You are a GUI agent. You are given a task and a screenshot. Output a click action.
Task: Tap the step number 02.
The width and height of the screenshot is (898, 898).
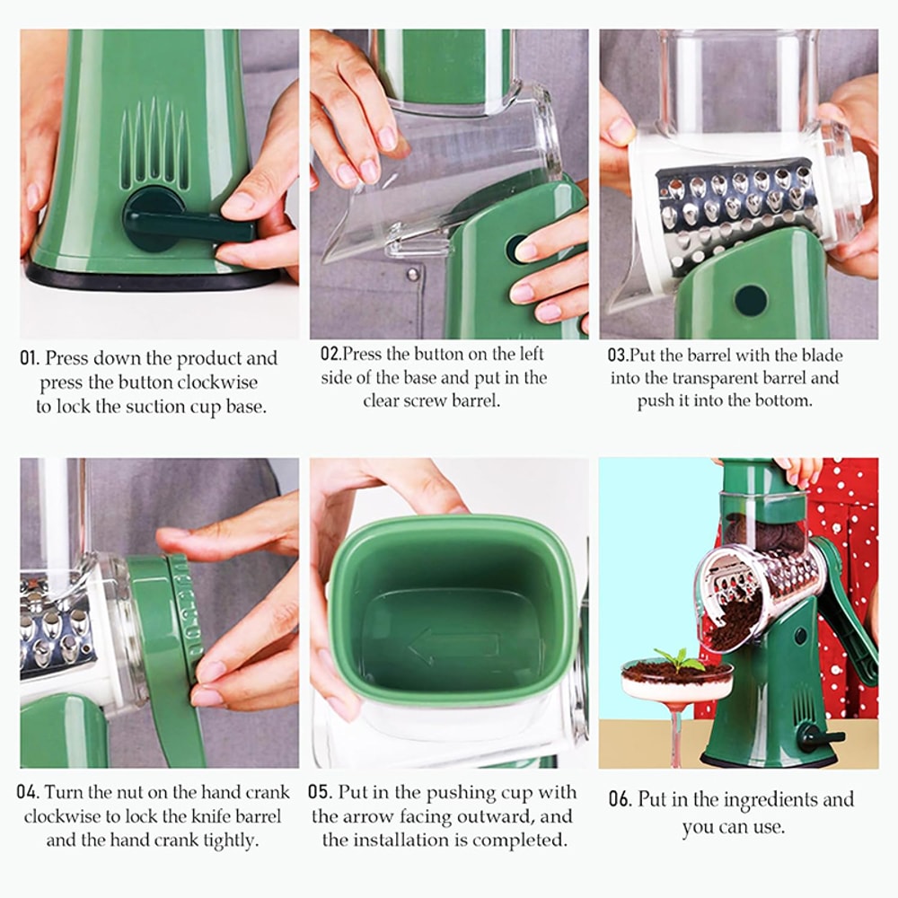pos(330,354)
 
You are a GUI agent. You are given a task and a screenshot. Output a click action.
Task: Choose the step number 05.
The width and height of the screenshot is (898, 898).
pos(320,793)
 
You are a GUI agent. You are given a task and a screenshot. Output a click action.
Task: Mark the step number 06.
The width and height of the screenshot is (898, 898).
pos(620,799)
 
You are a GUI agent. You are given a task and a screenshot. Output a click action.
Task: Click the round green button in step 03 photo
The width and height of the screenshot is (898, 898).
pos(751,300)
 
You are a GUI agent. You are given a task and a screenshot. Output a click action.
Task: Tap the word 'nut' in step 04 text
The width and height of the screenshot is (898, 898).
pos(131,793)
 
